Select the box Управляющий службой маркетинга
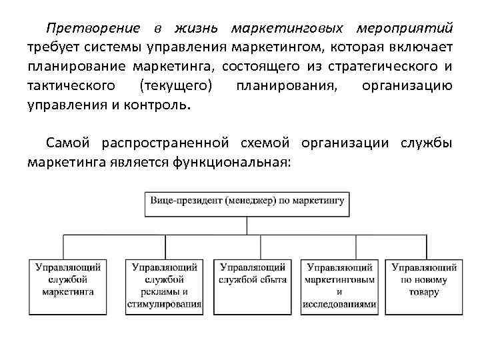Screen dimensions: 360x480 point(68,285)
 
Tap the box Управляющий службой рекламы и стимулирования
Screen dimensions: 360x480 point(164,285)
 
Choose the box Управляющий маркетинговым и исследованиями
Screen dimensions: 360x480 point(339,285)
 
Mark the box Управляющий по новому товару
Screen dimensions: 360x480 point(424,285)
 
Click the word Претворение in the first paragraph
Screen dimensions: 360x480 point(93,29)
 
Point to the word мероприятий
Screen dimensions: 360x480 point(405,29)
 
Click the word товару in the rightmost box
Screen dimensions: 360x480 point(424,292)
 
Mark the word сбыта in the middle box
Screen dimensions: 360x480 point(270,279)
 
